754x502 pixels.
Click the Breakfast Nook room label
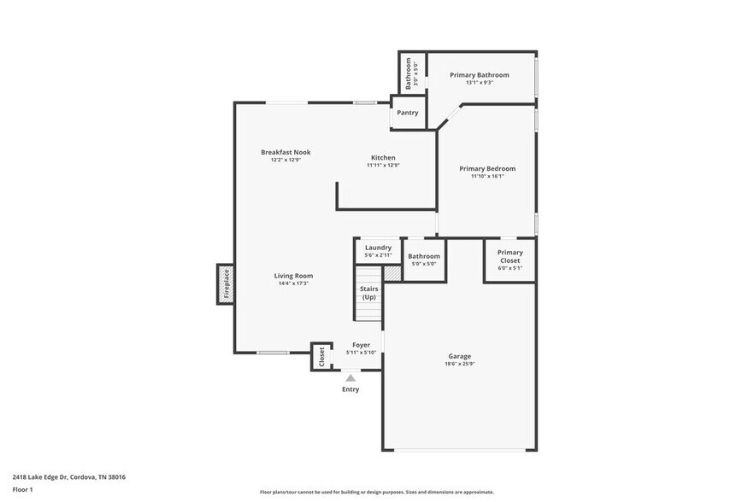pos(286,152)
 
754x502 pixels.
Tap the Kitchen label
pos(382,157)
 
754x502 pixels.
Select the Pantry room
pos(408,113)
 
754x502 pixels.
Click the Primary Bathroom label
pos(479,75)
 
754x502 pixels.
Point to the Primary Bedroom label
pos(487,169)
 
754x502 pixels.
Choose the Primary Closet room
pos(510,258)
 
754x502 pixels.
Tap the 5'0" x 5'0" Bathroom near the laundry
pos(424,259)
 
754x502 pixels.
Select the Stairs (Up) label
pos(368,293)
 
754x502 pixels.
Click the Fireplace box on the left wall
pos(227,283)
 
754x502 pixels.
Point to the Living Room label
pos(293,276)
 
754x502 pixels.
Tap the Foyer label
pos(361,345)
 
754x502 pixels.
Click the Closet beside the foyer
pos(321,356)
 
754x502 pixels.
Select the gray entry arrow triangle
pos(350,376)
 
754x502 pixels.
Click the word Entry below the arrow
pos(350,389)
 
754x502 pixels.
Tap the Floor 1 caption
pos(22,489)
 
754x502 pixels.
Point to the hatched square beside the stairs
pos(392,273)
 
